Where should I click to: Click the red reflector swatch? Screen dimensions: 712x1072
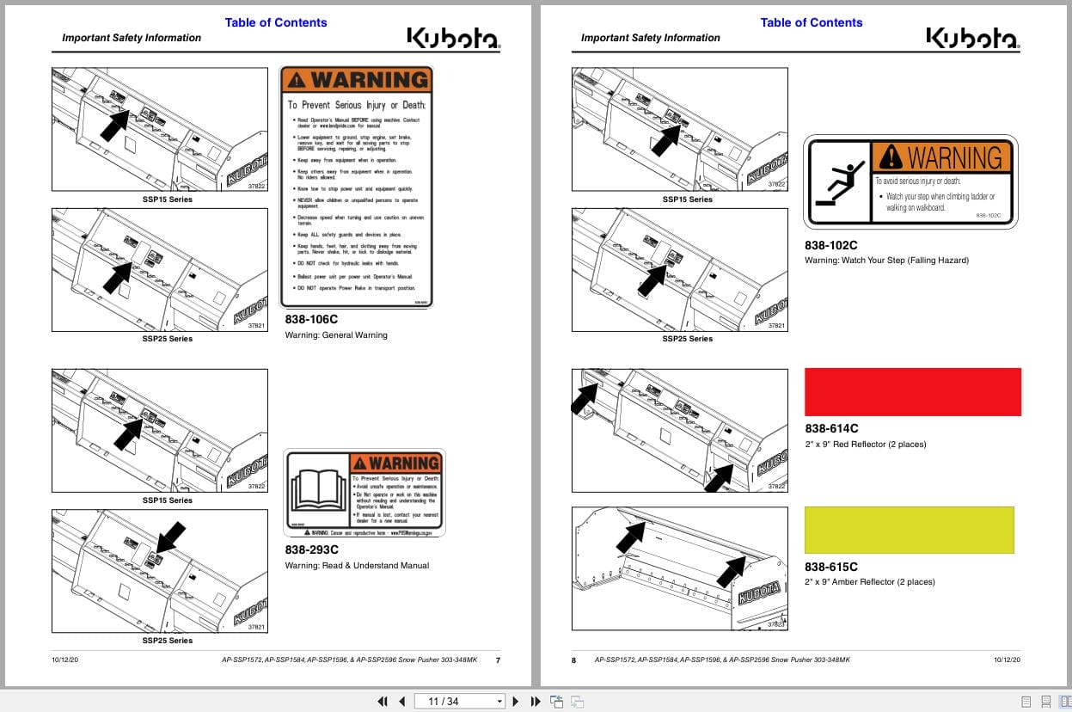[x=912, y=392]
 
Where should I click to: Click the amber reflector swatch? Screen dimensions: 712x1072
[x=909, y=530]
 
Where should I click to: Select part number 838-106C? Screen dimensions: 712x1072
[x=312, y=320]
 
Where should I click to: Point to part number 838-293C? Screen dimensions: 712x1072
[x=312, y=549]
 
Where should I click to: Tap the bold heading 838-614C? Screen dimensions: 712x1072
[x=831, y=428]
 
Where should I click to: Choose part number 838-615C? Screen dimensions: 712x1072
[x=831, y=567]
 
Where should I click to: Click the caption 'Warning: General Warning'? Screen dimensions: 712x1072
[x=336, y=335]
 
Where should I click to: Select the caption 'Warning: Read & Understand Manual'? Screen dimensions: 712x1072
[x=357, y=565]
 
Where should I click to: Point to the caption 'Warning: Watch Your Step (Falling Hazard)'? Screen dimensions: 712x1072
[x=886, y=260]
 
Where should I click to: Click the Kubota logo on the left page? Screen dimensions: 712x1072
[x=454, y=38]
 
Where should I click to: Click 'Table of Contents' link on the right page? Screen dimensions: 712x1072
[x=811, y=22]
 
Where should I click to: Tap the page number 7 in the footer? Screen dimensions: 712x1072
[x=498, y=660]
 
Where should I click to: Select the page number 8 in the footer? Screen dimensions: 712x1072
[x=574, y=660]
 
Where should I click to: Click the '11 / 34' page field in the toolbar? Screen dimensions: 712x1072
[x=459, y=701]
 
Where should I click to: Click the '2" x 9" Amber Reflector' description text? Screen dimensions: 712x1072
[x=869, y=582]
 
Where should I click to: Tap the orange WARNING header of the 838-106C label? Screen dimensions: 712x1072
[x=357, y=80]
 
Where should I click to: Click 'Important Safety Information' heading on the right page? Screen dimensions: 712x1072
[x=650, y=38]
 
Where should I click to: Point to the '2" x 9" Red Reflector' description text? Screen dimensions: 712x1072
[x=865, y=445]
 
